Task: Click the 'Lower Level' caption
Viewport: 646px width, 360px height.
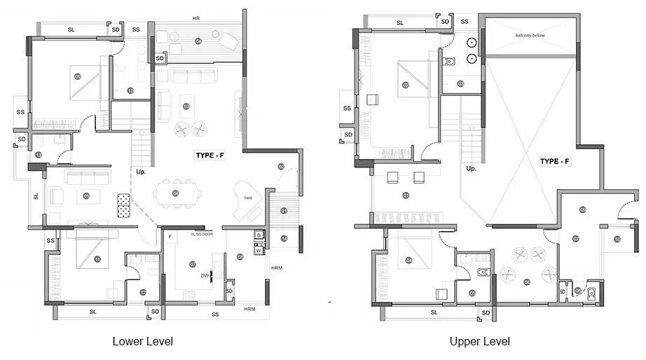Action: click(x=142, y=342)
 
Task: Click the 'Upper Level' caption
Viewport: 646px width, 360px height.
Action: click(x=480, y=342)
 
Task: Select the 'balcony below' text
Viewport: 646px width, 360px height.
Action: click(x=530, y=34)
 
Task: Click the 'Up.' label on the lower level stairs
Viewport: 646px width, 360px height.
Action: click(x=141, y=172)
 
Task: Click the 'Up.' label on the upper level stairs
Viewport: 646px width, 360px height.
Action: click(x=472, y=169)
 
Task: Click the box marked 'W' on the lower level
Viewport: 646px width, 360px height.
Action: click(x=259, y=249)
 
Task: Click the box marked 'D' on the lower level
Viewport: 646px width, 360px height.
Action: click(x=259, y=235)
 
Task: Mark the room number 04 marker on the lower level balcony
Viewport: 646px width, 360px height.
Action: click(x=198, y=41)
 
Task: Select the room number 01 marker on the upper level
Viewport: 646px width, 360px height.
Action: click(x=406, y=195)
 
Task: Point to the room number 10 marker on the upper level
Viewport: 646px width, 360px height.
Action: click(x=617, y=240)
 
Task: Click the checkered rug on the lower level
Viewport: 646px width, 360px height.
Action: click(x=124, y=205)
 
